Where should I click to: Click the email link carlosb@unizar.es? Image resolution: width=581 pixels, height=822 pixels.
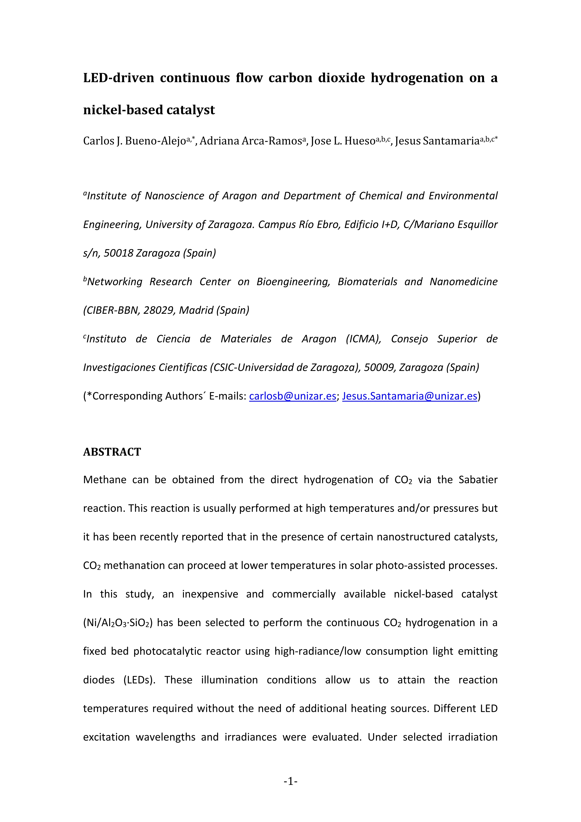pos(292,396)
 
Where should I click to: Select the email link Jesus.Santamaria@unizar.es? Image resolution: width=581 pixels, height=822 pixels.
pos(410,396)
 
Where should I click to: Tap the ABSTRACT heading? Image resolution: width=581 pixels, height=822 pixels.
pos(112,452)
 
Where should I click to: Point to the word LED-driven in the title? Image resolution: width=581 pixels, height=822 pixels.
pos(119,78)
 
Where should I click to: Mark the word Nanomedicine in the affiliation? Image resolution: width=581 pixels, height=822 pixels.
pos(464,282)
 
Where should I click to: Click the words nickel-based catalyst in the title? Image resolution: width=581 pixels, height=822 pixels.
pos(149,110)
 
